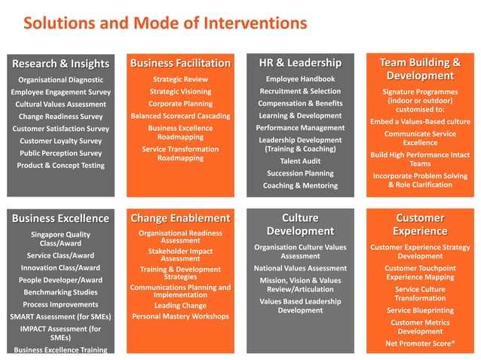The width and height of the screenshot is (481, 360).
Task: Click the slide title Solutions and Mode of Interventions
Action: [165, 23]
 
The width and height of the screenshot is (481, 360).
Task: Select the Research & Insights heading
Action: [60, 63]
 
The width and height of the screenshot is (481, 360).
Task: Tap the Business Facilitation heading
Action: [180, 63]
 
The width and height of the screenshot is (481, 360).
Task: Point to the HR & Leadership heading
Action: [300, 63]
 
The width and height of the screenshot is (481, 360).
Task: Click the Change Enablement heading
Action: [180, 218]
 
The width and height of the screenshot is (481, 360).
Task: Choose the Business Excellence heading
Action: [60, 218]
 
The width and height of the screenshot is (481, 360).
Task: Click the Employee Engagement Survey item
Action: [60, 92]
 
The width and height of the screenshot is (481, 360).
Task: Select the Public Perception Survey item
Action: [60, 153]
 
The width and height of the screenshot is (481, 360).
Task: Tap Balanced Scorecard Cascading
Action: [180, 116]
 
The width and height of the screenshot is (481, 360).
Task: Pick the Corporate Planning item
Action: [180, 104]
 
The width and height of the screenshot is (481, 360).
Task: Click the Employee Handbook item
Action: [300, 79]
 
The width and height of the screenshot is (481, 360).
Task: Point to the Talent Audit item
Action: [300, 161]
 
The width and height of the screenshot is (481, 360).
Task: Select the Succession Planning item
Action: [300, 173]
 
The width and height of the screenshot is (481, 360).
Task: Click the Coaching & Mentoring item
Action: [300, 185]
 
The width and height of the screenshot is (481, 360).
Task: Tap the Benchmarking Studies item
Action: [60, 292]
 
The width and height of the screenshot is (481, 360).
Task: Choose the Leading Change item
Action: [180, 306]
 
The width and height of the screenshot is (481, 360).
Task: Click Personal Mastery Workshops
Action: [180, 316]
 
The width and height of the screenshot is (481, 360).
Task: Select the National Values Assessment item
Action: [300, 268]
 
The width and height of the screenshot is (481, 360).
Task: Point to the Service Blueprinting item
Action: [420, 310]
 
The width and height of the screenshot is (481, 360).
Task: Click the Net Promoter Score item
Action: [420, 344]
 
